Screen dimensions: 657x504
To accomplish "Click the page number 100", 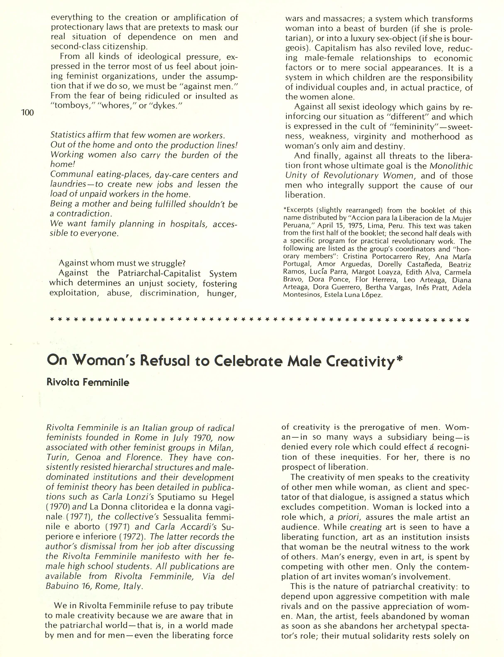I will [28, 113].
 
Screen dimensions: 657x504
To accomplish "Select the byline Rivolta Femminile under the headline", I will [88, 382].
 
